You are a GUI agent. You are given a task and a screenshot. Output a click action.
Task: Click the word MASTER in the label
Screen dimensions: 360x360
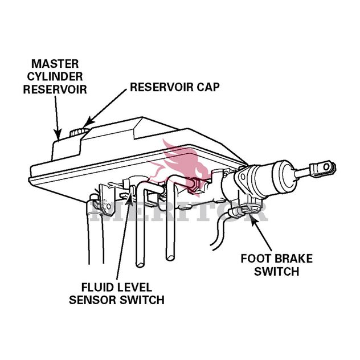(x=55, y=64)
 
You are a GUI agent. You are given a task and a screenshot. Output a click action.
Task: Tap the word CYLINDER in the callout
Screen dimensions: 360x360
(x=55, y=76)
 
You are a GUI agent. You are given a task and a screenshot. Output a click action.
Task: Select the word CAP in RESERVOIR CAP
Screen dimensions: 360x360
(x=208, y=87)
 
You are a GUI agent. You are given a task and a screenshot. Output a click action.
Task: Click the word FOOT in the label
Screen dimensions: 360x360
(x=254, y=259)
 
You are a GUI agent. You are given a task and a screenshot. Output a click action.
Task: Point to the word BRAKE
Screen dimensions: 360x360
(x=292, y=259)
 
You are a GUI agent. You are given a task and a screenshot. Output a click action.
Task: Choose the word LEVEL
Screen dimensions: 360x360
(x=133, y=287)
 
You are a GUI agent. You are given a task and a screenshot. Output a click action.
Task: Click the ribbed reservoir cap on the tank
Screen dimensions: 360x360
(x=79, y=132)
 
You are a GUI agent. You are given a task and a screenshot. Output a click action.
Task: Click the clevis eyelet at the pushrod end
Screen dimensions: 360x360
(x=325, y=167)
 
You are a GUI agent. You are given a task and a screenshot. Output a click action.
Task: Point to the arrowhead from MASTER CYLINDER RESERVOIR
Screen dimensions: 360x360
(x=58, y=134)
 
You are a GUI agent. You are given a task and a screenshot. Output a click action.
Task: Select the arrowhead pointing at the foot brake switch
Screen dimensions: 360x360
(x=253, y=218)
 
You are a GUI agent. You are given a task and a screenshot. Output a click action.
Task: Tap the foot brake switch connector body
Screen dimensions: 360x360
(x=245, y=211)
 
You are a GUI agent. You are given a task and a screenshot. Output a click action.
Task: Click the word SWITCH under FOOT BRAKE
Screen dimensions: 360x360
(x=277, y=271)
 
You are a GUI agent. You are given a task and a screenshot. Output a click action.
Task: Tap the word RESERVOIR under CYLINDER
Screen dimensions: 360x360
(x=55, y=89)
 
